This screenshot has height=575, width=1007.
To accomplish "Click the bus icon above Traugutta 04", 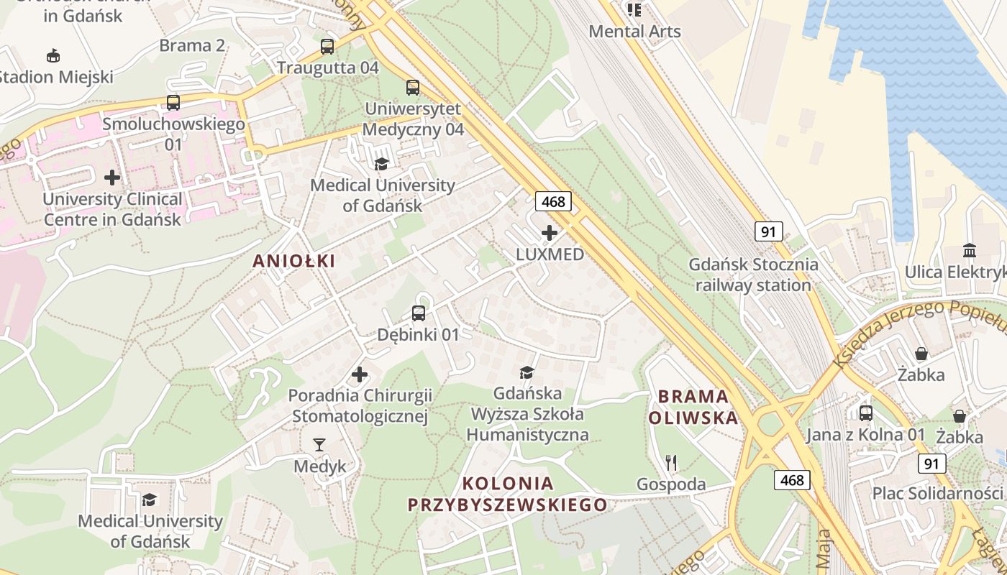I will pos(327,47).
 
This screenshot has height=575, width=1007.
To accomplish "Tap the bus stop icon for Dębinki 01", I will pos(419,313).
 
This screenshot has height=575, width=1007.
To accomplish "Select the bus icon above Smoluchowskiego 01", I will pos(173,102).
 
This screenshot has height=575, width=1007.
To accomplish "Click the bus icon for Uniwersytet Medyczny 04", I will pos(413,88).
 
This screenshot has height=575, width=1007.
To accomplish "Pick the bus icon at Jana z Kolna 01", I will pos(866,413).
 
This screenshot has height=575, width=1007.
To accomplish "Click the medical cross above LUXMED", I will pos(550,233).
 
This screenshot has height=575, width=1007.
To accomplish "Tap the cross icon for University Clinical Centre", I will pos(112,177).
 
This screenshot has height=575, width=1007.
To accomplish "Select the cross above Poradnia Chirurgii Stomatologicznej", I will pos(360,374).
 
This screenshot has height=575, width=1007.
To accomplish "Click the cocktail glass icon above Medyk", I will pos(319,445).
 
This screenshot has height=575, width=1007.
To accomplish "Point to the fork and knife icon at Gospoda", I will pos(671,462).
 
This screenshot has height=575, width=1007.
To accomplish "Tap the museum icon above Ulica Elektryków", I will pos(970,251).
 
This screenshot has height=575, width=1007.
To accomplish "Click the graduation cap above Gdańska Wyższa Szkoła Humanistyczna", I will pos(527,372).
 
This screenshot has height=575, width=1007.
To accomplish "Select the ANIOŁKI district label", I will pos(294,262).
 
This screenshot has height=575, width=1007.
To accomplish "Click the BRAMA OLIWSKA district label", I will pos(693,407).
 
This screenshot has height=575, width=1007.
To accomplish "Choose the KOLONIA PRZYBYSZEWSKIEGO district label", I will pos(508,494).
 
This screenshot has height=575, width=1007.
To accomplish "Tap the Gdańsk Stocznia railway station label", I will pos(753,275).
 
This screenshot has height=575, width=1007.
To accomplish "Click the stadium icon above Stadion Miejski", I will pos(53,55).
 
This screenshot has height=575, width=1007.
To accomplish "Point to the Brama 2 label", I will pos(192,45).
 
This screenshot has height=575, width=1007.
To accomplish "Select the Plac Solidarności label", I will pos(937,493).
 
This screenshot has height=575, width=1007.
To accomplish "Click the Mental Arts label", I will pos(634,31).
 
